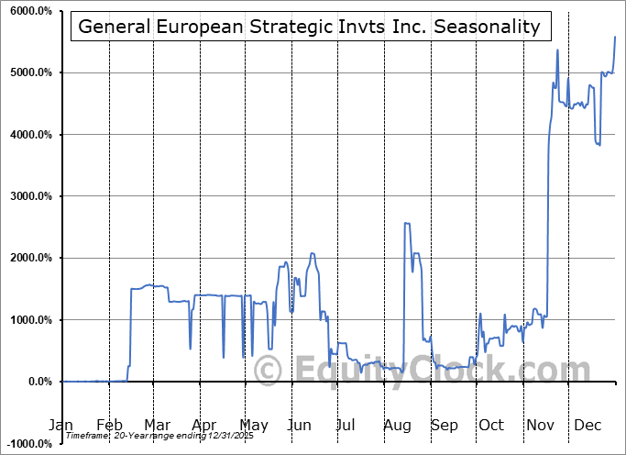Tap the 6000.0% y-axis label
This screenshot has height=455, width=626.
pyautogui.click(x=29, y=11)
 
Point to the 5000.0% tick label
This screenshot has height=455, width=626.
pyautogui.click(x=29, y=72)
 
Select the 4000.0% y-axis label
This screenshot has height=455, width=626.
pyautogui.click(x=29, y=135)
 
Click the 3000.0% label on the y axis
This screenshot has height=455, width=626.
pyautogui.click(x=29, y=196)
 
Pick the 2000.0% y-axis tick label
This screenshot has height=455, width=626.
pyautogui.click(x=29, y=259)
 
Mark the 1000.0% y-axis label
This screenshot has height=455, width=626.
pyautogui.click(x=29, y=320)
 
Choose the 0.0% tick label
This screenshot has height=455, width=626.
pyautogui.click(x=39, y=382)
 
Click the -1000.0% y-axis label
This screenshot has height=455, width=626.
pyautogui.click(x=27, y=444)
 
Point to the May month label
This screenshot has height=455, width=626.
pyautogui.click(x=254, y=426)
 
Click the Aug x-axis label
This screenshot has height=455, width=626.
pyautogui.click(x=398, y=426)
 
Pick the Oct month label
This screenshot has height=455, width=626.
pyautogui.click(x=491, y=426)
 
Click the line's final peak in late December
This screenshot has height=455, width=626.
pyautogui.click(x=614, y=37)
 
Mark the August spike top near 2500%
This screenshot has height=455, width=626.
pyautogui.click(x=406, y=223)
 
